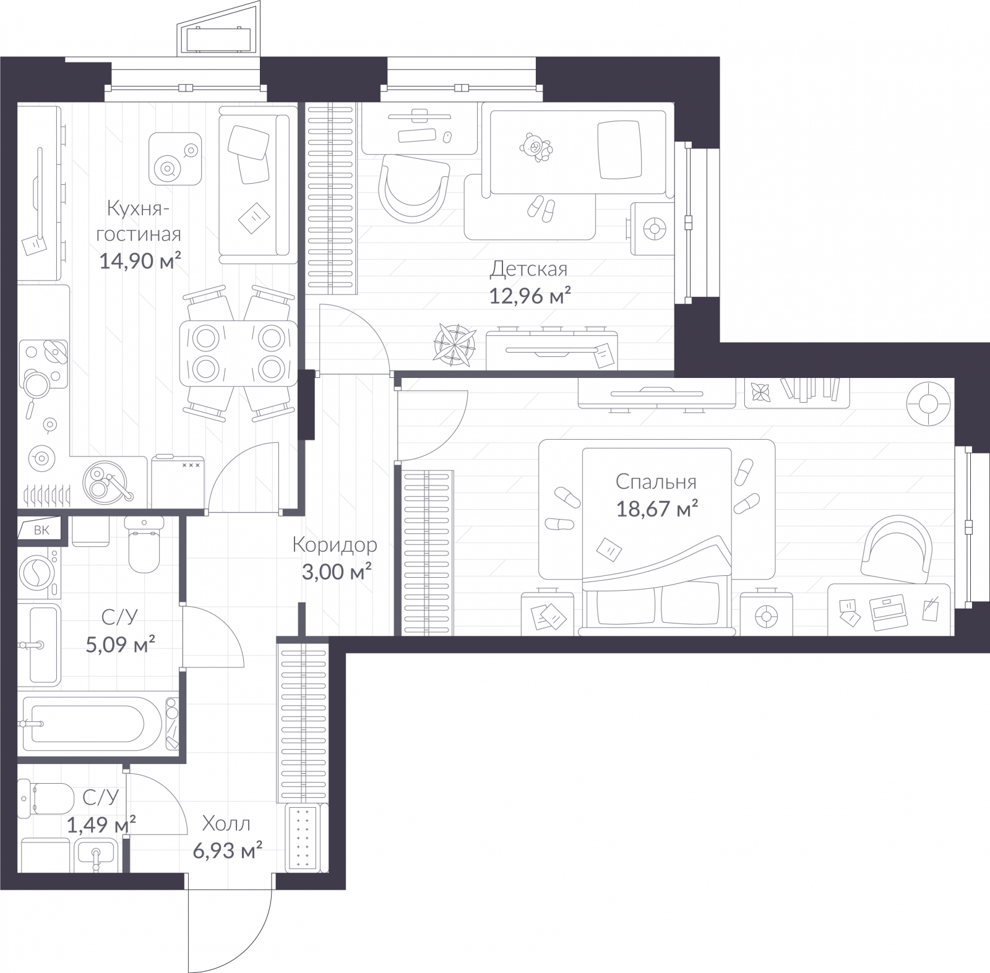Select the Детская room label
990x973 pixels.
[528, 270]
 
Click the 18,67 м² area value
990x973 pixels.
[657, 509]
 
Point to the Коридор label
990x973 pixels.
[335, 546]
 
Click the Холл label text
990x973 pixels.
[227, 824]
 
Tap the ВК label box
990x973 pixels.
[38, 529]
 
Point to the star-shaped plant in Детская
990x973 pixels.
[455, 343]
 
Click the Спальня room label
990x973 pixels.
[656, 482]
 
